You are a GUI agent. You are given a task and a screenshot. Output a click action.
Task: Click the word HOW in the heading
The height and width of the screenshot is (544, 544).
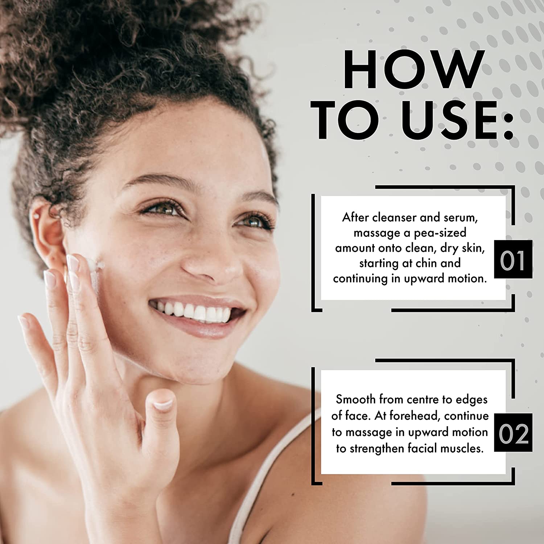tap(413, 69)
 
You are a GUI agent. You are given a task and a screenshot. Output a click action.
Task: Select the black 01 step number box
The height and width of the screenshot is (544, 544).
tap(513, 259)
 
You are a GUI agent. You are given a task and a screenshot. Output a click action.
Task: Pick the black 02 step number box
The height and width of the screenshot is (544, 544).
tap(513, 432)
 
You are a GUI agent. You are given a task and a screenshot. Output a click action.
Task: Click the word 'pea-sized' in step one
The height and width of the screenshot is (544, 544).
tap(440, 233)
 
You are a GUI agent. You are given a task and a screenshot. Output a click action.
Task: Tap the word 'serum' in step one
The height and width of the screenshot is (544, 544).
tap(461, 218)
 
